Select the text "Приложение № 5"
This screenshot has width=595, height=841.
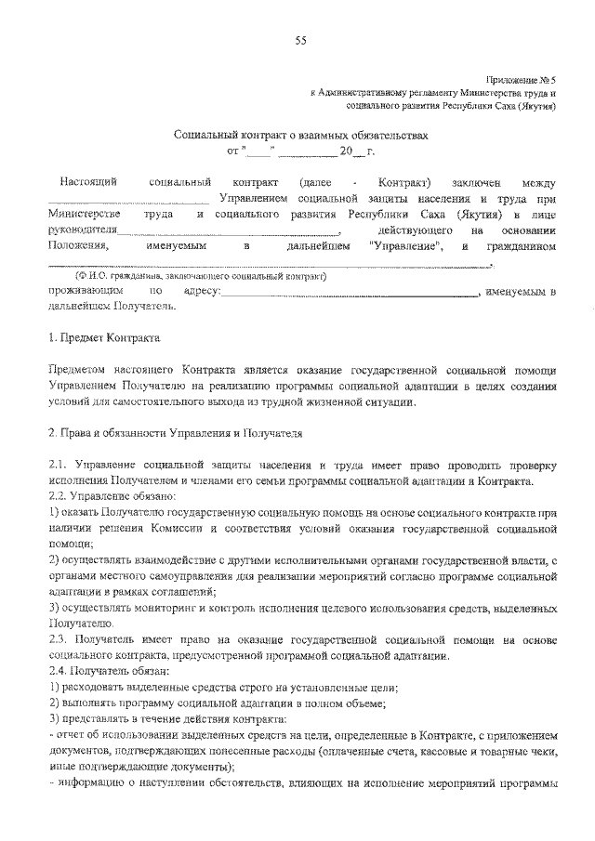pyautogui.click(x=521, y=82)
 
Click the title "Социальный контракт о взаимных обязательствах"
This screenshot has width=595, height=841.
pyautogui.click(x=302, y=135)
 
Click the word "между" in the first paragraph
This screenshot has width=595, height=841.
pyautogui.click(x=538, y=181)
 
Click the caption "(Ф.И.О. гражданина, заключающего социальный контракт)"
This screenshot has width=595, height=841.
pyautogui.click(x=201, y=277)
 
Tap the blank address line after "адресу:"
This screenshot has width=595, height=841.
pyautogui.click(x=349, y=294)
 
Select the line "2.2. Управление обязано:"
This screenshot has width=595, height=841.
pyautogui.click(x=107, y=496)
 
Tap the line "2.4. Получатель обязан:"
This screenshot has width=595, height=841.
pyautogui.click(x=109, y=671)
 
